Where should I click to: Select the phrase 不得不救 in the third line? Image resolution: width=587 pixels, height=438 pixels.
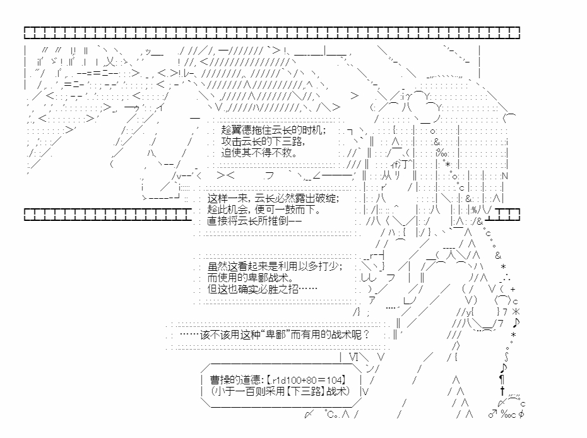point(276,153)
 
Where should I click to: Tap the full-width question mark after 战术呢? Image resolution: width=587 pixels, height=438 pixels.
point(367,335)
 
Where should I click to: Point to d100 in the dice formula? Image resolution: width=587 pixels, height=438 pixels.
point(292,380)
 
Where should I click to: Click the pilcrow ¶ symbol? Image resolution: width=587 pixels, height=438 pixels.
point(502,380)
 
